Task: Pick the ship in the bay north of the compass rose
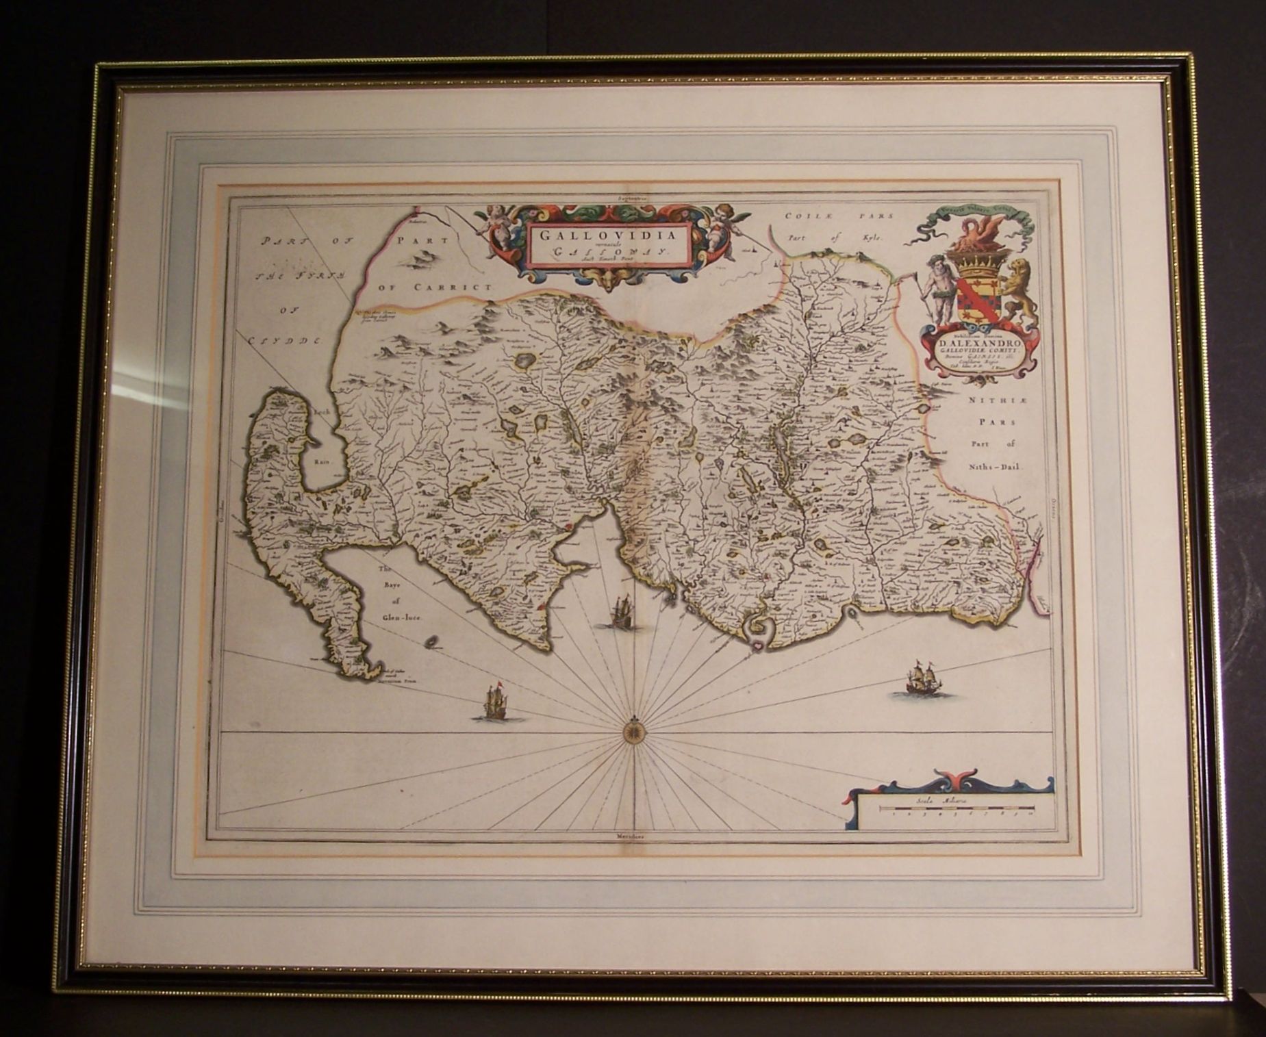pos(621,611)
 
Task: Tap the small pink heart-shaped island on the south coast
pos(760,644)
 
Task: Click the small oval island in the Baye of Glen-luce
pos(433,642)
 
